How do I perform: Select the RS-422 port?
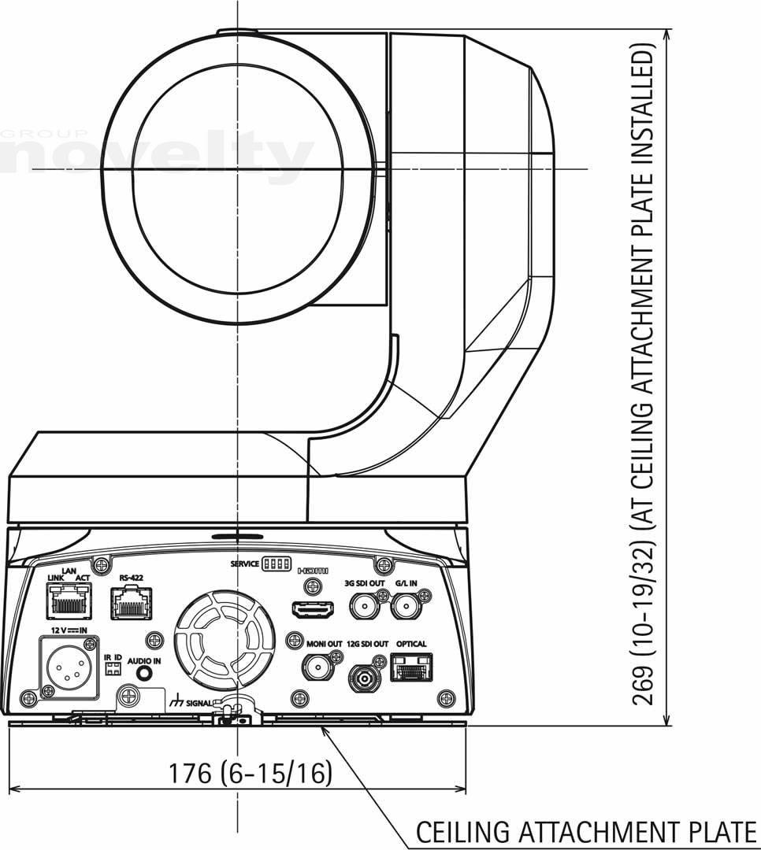[132, 604]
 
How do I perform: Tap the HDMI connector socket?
[313, 610]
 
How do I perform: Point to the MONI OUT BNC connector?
[319, 666]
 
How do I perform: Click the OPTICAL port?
[411, 667]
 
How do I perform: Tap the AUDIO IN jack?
[144, 673]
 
